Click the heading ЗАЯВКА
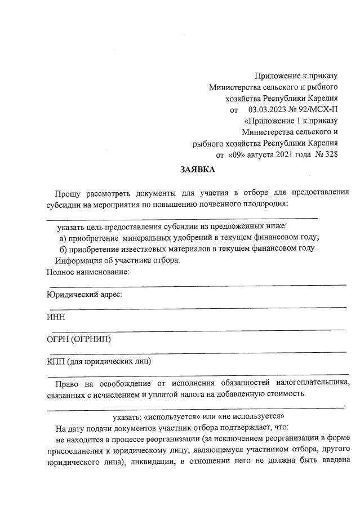[197, 169]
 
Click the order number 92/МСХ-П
[317, 109]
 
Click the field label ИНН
[56, 317]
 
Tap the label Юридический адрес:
[84, 294]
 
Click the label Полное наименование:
[88, 272]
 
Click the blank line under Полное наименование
[197, 285]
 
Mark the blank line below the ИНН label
[197, 329]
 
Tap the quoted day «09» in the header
[238, 154]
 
